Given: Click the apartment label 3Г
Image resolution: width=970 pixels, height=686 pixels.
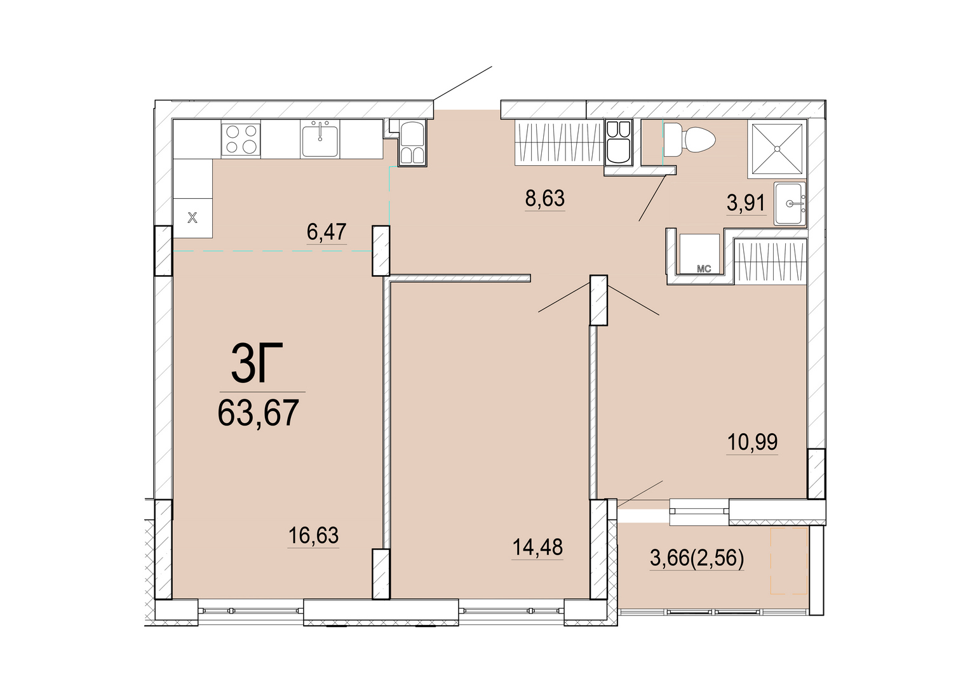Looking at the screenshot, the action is point(257,363).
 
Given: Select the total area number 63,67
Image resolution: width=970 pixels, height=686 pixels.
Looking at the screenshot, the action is point(258,413).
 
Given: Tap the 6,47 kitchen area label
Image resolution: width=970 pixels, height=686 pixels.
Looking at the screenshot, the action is point(327,232).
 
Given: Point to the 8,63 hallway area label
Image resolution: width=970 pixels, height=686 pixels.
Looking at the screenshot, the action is point(545,198).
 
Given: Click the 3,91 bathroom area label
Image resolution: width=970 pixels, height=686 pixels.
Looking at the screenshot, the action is point(746,203).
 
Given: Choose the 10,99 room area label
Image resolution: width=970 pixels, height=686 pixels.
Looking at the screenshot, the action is point(753,442).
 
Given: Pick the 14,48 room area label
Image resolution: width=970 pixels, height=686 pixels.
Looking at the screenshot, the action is point(537,548).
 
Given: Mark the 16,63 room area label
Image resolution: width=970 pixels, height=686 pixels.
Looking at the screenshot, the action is point(314,535).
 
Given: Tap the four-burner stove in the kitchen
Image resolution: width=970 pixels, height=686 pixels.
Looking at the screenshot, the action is point(241,139).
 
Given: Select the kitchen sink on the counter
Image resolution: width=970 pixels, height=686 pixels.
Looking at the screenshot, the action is point(320,138).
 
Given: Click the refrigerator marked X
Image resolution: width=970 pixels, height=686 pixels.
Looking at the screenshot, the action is point(192,218).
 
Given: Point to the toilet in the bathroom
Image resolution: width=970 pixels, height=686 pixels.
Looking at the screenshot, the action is point(689,140).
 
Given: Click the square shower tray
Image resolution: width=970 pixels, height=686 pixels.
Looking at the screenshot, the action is point(778,149).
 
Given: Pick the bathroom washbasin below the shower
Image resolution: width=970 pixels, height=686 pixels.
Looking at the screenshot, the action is point(790,203).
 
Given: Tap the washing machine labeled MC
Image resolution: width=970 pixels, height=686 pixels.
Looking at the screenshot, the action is point(699,254).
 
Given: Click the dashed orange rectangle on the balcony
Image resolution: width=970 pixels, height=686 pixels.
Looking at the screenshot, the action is point(790,560).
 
